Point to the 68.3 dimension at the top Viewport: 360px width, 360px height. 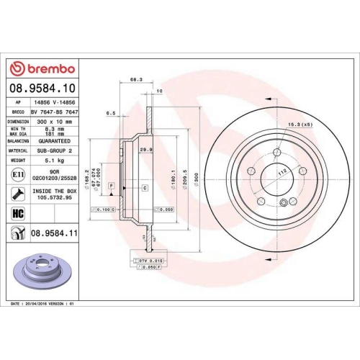tap(135, 81)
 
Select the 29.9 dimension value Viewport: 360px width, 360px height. tap(144, 149)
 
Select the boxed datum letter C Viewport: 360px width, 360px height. tap(145, 187)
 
